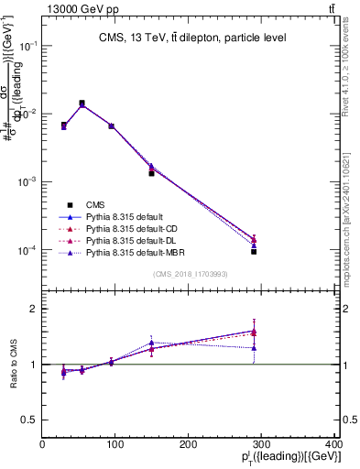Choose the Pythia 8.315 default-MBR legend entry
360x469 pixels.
click(x=136, y=251)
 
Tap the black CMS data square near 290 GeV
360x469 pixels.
click(x=254, y=251)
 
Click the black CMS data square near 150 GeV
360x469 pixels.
click(x=151, y=172)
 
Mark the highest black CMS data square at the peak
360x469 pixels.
click(x=82, y=104)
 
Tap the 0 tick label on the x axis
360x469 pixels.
click(x=42, y=444)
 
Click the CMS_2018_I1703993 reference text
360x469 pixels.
click(x=189, y=274)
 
